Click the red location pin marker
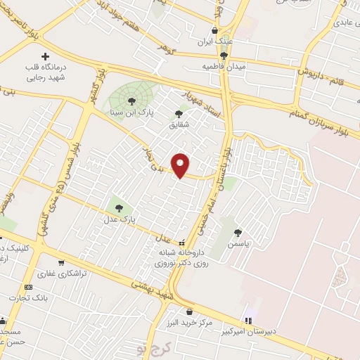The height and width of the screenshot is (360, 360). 181,165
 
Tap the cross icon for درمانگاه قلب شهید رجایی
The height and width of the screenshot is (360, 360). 46,56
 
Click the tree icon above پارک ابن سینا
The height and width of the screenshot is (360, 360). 131,101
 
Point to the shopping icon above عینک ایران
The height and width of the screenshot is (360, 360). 214,31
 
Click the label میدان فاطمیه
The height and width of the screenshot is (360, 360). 222,66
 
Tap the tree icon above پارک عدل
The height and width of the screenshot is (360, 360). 118,207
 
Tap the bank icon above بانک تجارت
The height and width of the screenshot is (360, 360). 29,287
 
